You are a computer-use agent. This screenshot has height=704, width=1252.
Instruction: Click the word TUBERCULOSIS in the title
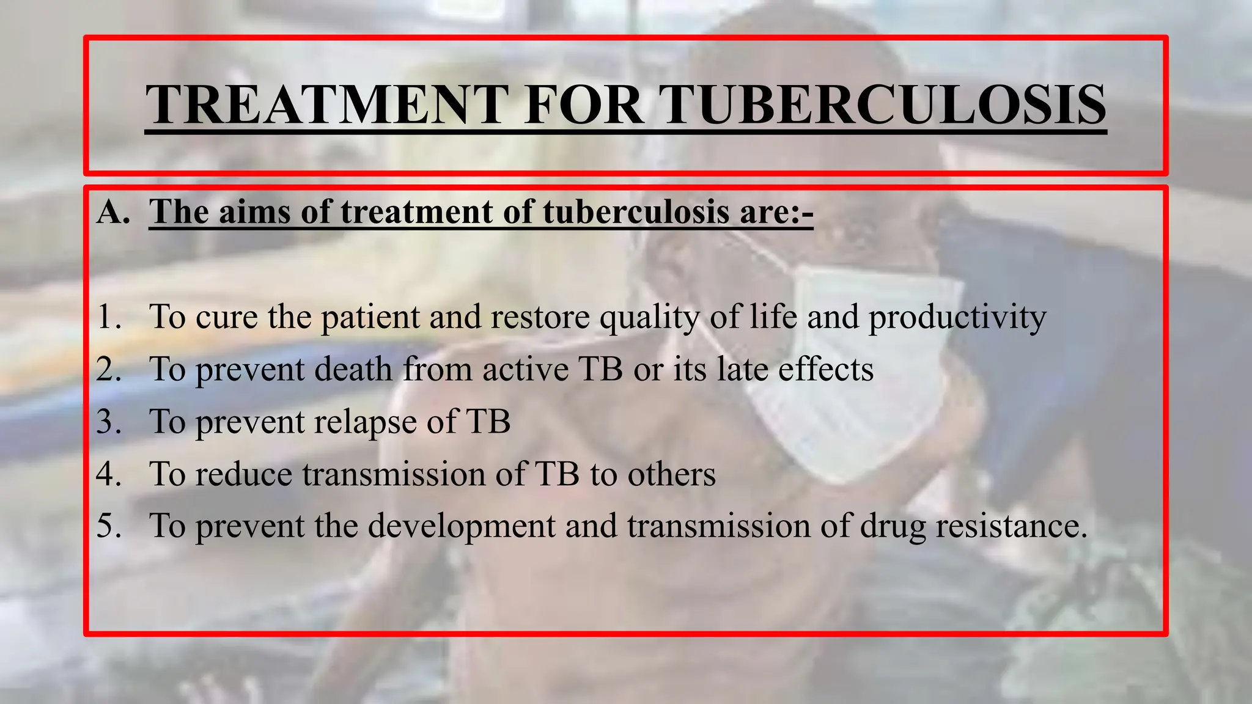coord(885,105)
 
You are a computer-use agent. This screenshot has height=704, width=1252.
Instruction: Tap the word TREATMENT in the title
coord(327,105)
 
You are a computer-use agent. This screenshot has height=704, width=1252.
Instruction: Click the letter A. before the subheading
coord(113,212)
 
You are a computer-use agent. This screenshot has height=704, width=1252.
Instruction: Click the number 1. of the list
coord(109,317)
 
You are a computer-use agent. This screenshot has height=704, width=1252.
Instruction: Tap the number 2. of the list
coord(109,370)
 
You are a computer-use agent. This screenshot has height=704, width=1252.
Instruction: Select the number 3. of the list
coord(109,422)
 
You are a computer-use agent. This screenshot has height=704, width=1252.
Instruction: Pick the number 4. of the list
coord(109,474)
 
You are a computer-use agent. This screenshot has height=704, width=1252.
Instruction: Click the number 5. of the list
coord(109,526)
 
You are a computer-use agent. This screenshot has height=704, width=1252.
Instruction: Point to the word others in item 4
coord(671,474)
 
